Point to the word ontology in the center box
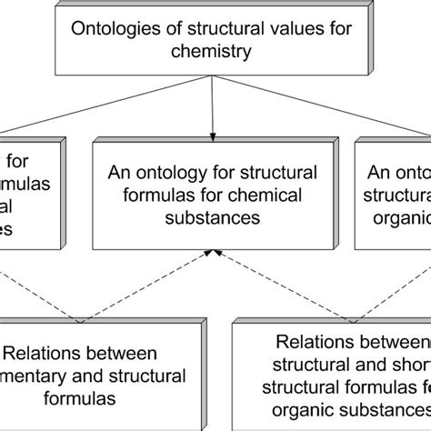click(x=177, y=172)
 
